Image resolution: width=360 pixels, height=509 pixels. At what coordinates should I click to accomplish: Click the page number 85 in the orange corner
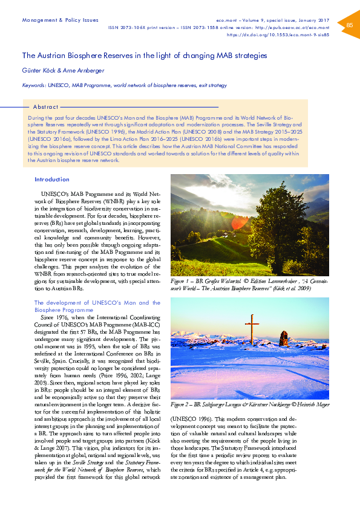(349, 25)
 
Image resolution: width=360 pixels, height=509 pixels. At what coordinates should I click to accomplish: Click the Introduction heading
(52, 180)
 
